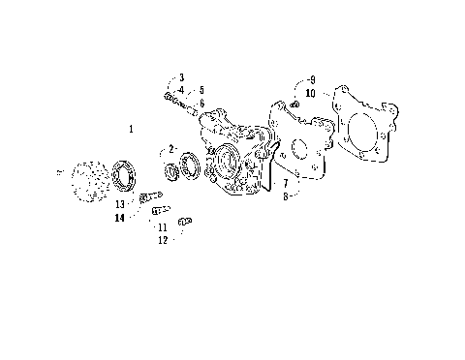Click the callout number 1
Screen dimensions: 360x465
point(131,128)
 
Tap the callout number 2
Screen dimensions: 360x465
point(170,149)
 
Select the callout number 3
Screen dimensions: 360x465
point(181,76)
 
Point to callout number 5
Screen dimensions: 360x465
point(201,90)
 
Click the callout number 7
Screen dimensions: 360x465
point(285,182)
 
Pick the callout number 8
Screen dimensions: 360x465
point(285,195)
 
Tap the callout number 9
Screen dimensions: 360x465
point(312,79)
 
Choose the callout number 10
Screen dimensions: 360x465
point(310,93)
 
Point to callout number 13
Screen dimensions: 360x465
point(120,204)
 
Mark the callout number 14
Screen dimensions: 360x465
point(118,218)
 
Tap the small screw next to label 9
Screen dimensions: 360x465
point(294,102)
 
